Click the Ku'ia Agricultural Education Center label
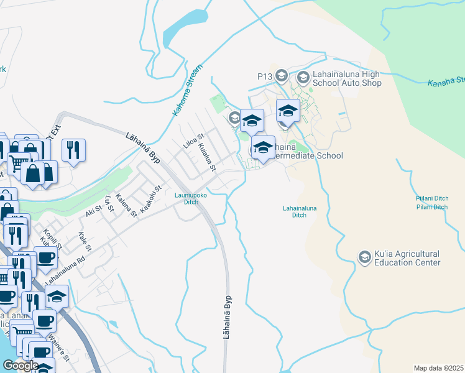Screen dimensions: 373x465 407,259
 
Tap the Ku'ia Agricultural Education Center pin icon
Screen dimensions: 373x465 364,256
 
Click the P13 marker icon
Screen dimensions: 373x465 281,76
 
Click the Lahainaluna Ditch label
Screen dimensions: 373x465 295,211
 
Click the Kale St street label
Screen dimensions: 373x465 85,242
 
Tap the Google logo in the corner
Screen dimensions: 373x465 21,366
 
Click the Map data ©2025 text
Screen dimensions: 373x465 439,368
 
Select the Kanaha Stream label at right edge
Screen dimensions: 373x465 446,81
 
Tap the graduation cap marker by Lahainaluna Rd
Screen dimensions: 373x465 57,297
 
